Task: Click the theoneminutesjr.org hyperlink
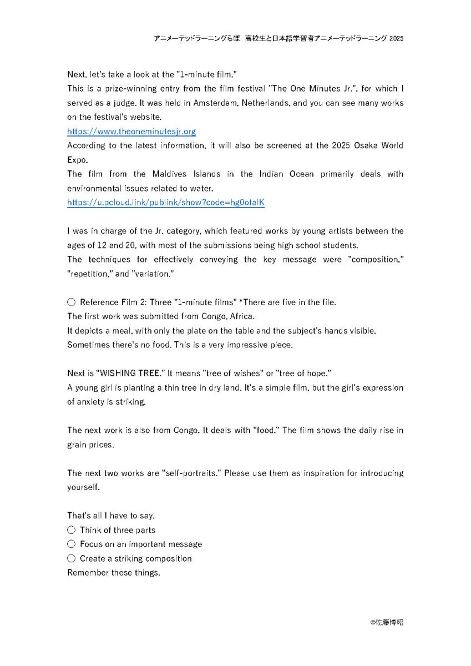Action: (x=131, y=132)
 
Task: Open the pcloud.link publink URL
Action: (x=166, y=203)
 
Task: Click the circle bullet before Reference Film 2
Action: (x=71, y=302)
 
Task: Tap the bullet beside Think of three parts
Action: (x=71, y=530)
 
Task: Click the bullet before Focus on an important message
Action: (x=71, y=544)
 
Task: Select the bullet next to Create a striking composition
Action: (x=71, y=559)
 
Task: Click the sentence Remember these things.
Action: (x=114, y=573)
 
